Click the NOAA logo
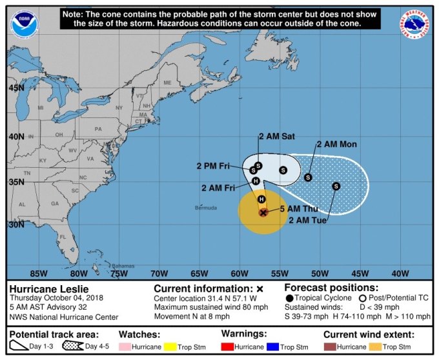coord(23,23)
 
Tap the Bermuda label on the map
coord(207,208)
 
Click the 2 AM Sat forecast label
coord(276,137)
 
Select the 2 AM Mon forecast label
coord(336,144)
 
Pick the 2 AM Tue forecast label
coord(309,221)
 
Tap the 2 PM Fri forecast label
coord(214,166)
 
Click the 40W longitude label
coord(400,273)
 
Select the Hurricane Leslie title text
coord(49,288)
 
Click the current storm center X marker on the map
coord(263,212)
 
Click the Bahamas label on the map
coord(122,266)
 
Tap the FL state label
coord(62,237)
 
